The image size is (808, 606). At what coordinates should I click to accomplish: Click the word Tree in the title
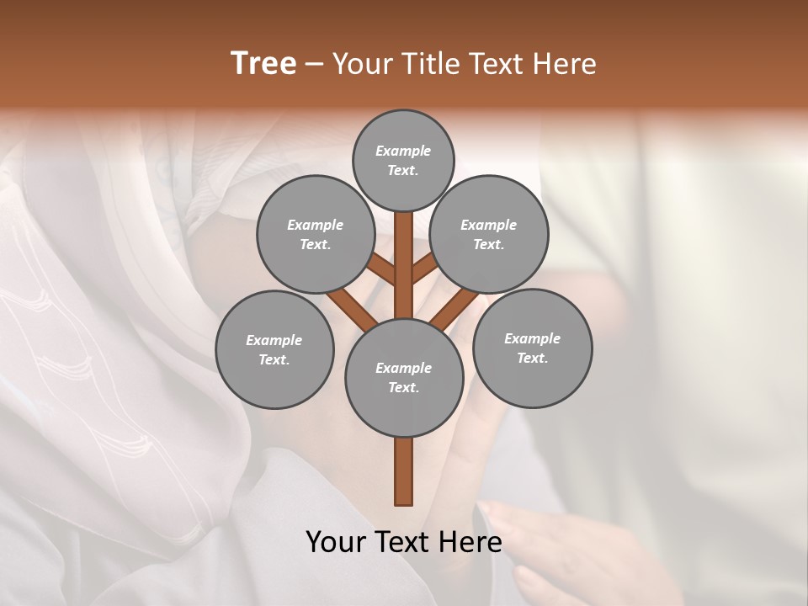click(x=263, y=64)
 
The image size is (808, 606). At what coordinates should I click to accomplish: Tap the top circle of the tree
click(x=403, y=160)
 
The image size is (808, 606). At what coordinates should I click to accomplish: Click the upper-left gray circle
click(x=315, y=234)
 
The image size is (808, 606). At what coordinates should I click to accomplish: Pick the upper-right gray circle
click(x=489, y=234)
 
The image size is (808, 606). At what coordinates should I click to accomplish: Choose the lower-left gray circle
click(x=274, y=349)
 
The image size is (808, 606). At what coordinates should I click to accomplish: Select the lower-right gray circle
click(x=532, y=348)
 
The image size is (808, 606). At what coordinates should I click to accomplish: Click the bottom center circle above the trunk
click(x=403, y=377)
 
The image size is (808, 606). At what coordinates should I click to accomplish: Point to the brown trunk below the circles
click(x=403, y=471)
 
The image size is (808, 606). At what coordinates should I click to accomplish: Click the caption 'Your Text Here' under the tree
click(x=403, y=541)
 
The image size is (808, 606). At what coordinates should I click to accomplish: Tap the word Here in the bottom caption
click(x=471, y=541)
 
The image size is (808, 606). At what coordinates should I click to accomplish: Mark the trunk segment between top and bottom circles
click(x=403, y=265)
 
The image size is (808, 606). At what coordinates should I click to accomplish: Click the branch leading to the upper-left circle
click(x=380, y=269)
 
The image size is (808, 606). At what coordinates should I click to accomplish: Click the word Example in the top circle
click(x=403, y=151)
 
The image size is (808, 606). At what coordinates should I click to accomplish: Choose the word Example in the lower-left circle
click(x=274, y=341)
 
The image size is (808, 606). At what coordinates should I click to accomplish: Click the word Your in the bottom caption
click(x=334, y=541)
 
